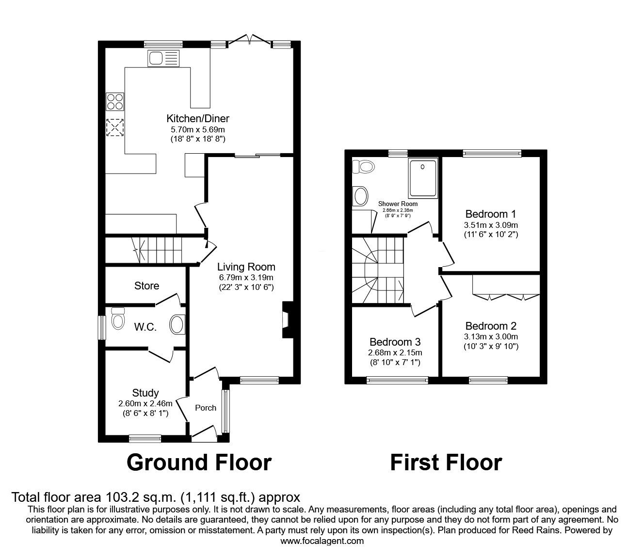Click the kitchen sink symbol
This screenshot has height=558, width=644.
pyautogui.click(x=163, y=59)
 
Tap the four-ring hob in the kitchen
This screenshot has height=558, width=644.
pyautogui.click(x=115, y=101)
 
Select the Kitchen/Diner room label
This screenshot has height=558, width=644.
pyautogui.click(x=198, y=118)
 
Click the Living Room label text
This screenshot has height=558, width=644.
pyautogui.click(x=246, y=267)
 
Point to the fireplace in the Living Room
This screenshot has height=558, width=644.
pyautogui.click(x=287, y=320)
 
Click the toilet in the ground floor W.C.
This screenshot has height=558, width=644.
pyautogui.click(x=117, y=319)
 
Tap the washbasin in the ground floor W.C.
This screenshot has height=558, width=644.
pyautogui.click(x=178, y=324)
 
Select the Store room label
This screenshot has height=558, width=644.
pyautogui.click(x=146, y=286)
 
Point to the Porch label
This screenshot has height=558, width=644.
pyautogui.click(x=206, y=408)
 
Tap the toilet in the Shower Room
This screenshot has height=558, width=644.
pyautogui.click(x=364, y=167)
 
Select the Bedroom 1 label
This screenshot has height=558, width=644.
pyautogui.click(x=490, y=214)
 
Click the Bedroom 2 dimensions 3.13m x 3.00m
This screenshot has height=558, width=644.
pyautogui.click(x=491, y=336)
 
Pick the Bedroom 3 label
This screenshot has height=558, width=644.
pyautogui.click(x=395, y=342)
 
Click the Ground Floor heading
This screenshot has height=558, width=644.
pyautogui.click(x=199, y=462)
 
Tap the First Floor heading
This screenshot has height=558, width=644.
pyautogui.click(x=446, y=462)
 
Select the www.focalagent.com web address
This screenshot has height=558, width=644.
pyautogui.click(x=322, y=541)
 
